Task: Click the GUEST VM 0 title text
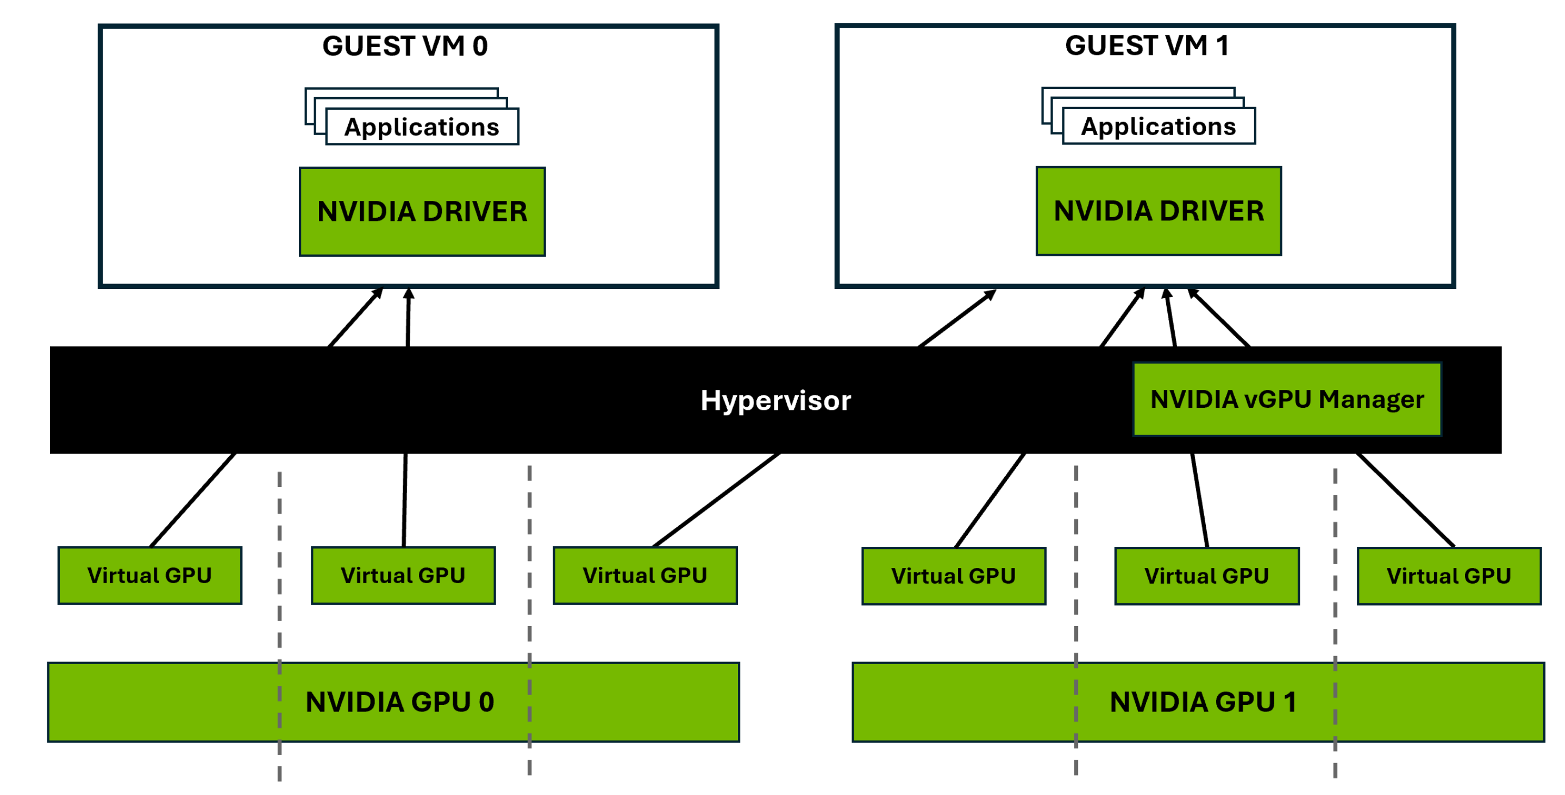pos(405,46)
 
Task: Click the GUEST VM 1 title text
pos(1147,46)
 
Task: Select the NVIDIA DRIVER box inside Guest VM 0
pos(422,212)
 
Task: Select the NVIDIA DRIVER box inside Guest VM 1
pos(1159,211)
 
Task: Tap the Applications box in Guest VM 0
pos(422,127)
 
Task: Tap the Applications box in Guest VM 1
pos(1159,127)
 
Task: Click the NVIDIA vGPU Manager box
pos(1287,400)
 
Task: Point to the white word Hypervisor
pos(775,401)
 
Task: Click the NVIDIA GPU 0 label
pos(400,702)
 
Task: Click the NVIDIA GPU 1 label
pos(1203,702)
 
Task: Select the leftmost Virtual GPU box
pos(149,575)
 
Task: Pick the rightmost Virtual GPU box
pos(1448,576)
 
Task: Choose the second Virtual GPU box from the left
pos(403,575)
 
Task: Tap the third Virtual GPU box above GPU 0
pos(644,575)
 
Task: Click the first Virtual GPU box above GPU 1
pos(953,576)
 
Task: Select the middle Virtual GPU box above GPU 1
pos(1206,576)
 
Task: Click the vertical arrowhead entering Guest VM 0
pos(409,294)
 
